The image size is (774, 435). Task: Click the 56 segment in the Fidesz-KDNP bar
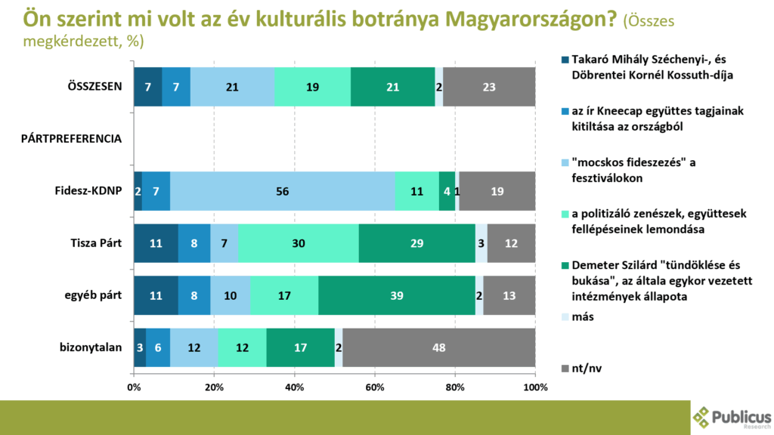(x=283, y=192)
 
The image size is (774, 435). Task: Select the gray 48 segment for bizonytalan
(x=438, y=348)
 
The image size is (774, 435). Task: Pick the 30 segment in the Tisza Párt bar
(x=299, y=244)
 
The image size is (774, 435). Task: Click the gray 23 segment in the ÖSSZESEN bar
(x=489, y=87)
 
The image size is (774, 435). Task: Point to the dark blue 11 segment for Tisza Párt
(x=156, y=244)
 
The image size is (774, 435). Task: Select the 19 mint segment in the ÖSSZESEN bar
(x=312, y=87)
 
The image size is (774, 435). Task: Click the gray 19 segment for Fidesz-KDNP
(x=497, y=192)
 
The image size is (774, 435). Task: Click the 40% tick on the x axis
(x=294, y=387)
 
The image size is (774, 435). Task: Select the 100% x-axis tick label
(x=534, y=387)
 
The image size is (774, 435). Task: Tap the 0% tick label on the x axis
(x=134, y=387)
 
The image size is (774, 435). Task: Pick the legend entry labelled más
(x=583, y=316)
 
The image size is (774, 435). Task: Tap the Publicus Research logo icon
(x=702, y=416)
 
